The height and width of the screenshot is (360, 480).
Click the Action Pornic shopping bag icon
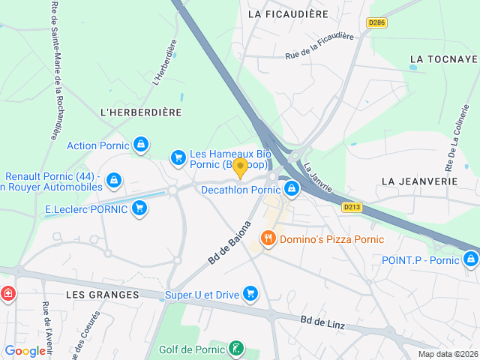140,144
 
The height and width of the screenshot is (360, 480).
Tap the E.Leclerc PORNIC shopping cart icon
139,208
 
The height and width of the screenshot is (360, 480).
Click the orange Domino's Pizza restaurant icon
268,239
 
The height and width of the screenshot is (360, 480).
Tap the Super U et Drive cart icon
250,294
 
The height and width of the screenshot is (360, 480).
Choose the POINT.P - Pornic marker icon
470,259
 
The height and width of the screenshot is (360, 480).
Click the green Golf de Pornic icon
236,349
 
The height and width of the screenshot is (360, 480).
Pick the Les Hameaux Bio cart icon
178,157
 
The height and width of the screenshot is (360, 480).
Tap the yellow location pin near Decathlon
240,166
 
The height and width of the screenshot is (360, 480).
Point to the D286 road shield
376,23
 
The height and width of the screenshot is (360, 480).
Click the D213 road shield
352,207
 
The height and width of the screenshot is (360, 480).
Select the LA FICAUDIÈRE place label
287,13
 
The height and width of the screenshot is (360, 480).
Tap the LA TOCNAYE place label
444,58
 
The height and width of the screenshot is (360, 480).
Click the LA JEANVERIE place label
418,181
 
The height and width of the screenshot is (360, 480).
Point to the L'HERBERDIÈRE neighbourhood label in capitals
141,112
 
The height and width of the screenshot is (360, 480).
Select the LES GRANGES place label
102,295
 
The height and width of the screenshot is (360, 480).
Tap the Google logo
25,350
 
